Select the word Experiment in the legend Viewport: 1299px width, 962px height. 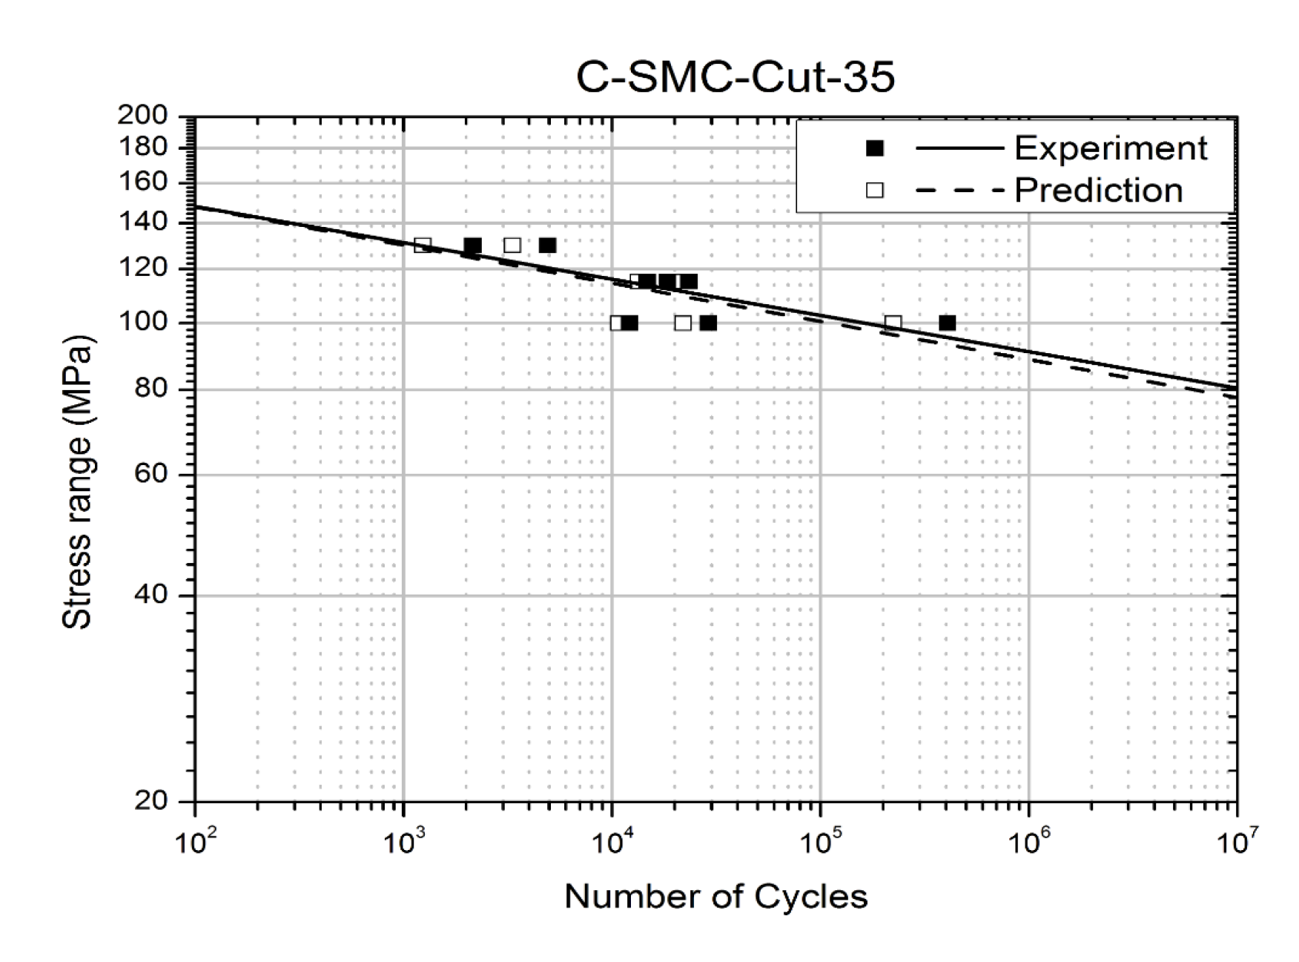[1110, 148]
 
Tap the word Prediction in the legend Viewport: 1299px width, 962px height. [1098, 191]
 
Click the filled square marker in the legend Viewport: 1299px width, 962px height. [875, 148]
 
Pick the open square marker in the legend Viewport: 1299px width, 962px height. [875, 191]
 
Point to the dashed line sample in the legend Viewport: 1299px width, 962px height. [959, 191]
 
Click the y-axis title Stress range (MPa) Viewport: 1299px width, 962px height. [77, 482]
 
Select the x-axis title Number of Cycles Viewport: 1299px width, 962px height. [715, 896]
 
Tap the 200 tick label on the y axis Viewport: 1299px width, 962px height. [142, 115]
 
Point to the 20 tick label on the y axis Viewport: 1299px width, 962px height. [151, 801]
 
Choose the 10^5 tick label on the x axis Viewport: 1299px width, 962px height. [820, 843]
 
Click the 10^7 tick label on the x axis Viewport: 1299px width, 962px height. [1237, 843]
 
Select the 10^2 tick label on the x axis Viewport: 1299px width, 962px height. [195, 843]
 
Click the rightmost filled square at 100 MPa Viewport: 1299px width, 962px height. [947, 323]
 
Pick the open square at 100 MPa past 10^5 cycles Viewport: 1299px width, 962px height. [893, 323]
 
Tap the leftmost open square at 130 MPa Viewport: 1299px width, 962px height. [423, 245]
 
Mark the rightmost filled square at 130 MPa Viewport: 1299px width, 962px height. [547, 245]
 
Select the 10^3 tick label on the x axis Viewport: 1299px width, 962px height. [403, 843]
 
